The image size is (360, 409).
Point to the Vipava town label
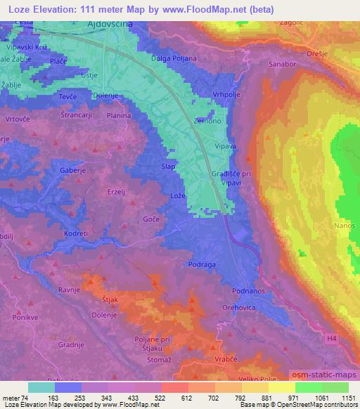coord(226,147)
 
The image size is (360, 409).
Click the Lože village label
coord(178,195)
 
